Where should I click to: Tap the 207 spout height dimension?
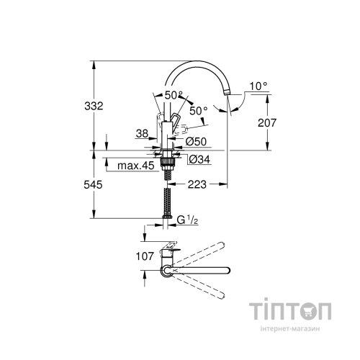click(x=266, y=124)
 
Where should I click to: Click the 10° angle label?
click(x=258, y=86)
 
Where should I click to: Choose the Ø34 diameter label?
click(x=198, y=159)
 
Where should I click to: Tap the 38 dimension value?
click(x=142, y=133)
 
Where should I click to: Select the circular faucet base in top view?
click(x=167, y=271)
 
